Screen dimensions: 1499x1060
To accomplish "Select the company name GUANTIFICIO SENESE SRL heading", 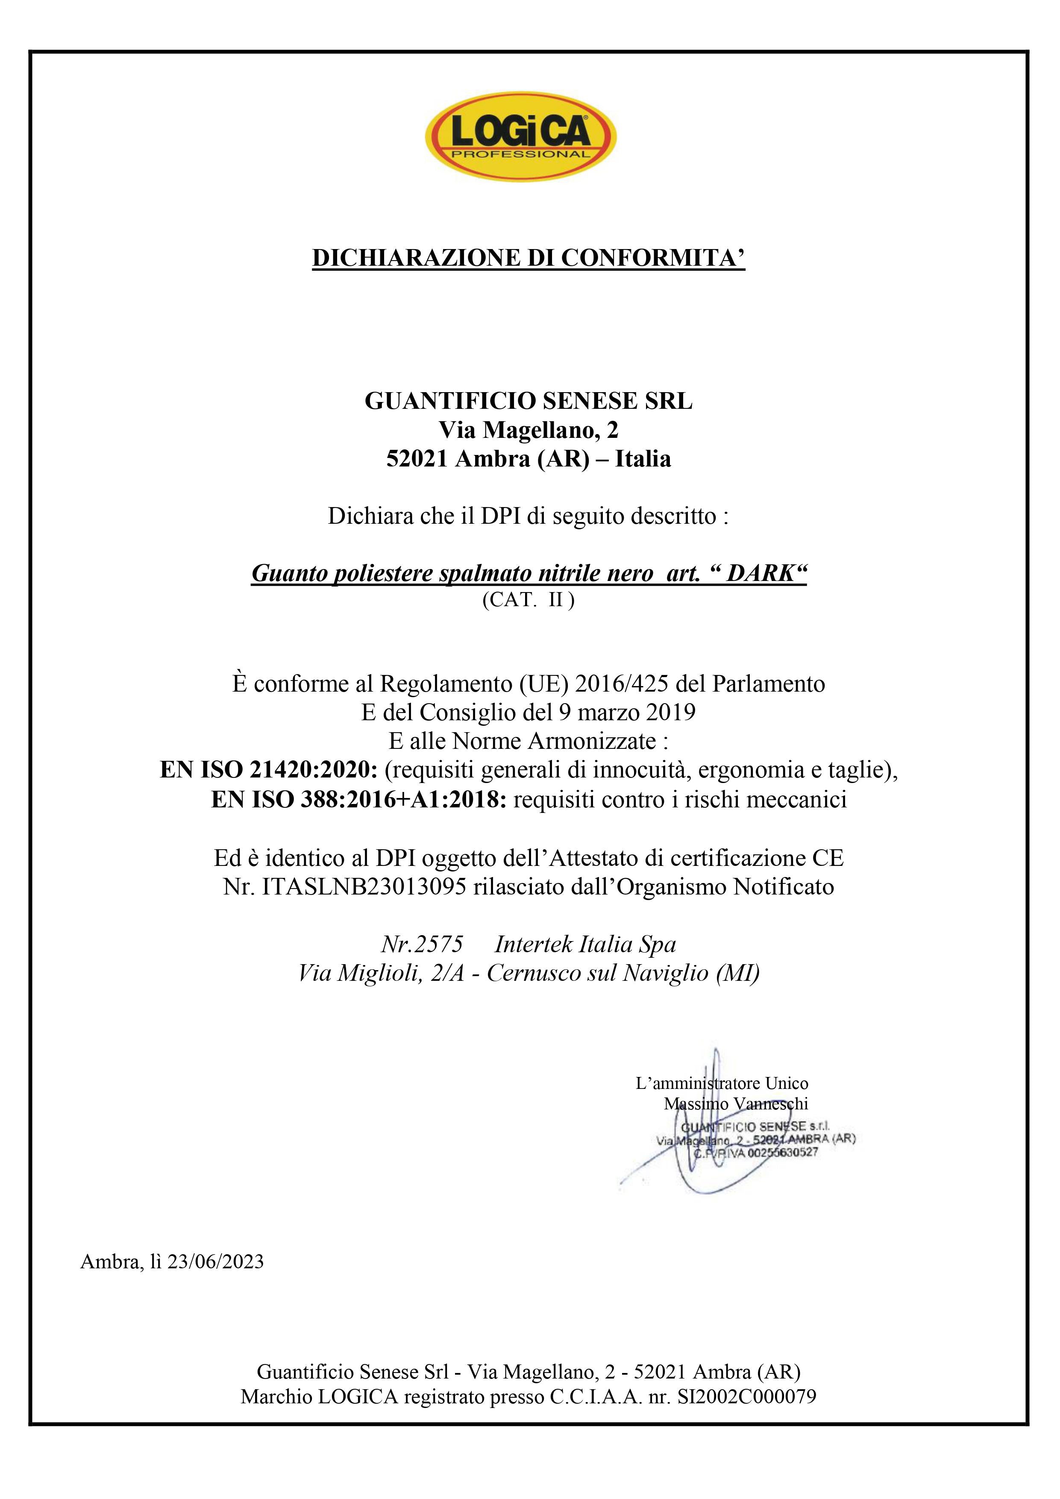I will pyautogui.click(x=529, y=400).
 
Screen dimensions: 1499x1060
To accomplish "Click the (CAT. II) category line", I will pyautogui.click(x=529, y=600).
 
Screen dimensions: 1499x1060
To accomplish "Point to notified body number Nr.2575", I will pyautogui.click(x=422, y=944).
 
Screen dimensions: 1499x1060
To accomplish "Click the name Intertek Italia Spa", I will pyautogui.click(x=585, y=944).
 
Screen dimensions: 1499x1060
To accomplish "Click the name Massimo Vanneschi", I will pyautogui.click(x=736, y=1103).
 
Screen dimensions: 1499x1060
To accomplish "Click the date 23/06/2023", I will pyautogui.click(x=215, y=1262).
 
